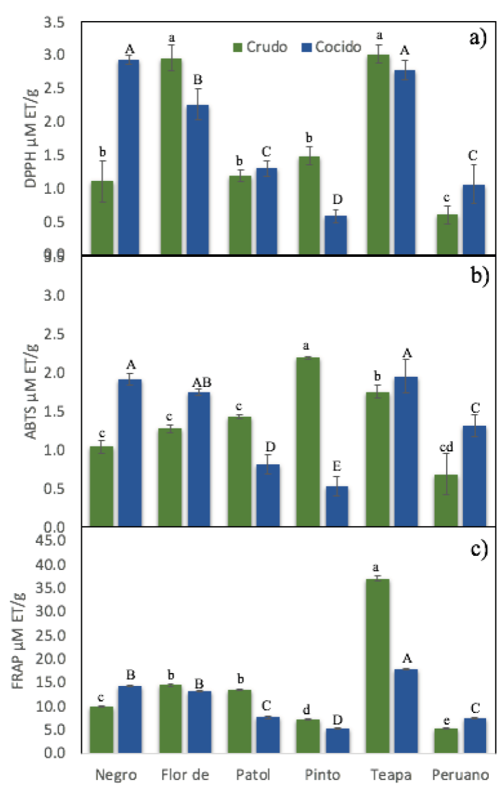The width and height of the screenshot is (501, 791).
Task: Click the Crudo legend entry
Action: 260,47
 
